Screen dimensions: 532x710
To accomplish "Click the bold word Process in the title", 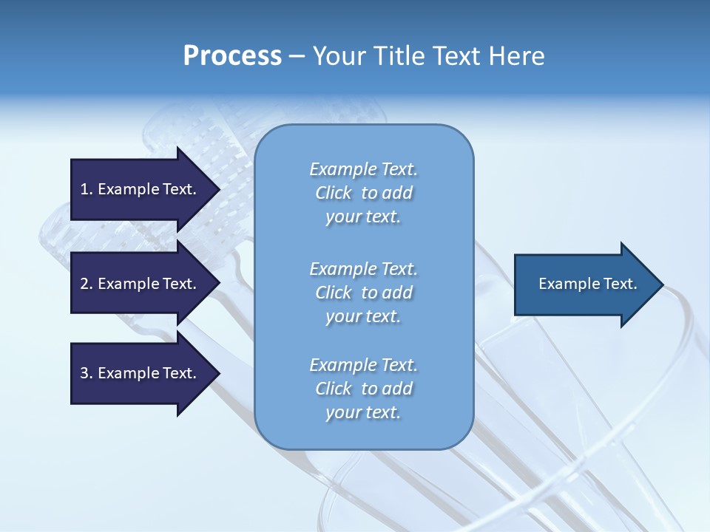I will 232,56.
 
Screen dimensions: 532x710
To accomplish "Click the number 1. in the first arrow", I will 87,189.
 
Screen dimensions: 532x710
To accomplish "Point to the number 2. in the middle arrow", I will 87,284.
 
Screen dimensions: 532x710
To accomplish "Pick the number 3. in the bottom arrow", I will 87,373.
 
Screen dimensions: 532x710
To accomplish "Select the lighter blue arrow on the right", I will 584,284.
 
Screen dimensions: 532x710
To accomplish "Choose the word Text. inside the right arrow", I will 620,284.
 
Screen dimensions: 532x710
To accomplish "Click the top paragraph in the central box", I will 363,193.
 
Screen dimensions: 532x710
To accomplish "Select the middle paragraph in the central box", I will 363,292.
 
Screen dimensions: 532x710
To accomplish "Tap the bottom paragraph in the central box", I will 363,389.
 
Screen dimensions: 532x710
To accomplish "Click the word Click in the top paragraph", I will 333,193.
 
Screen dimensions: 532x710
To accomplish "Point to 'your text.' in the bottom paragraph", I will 363,412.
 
